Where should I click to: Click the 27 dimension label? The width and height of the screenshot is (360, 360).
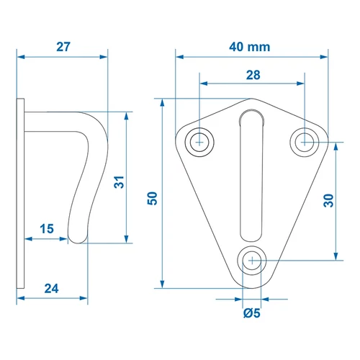point(63,47)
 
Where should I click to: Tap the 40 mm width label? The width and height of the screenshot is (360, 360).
point(250,47)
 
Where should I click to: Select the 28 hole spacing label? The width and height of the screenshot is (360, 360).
point(253,75)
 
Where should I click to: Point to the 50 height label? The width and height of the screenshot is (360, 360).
point(152,198)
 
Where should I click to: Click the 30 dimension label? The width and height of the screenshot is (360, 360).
point(328,200)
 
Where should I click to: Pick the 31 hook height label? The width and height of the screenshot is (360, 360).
point(119,182)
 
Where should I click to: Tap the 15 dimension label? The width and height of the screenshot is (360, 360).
point(47,229)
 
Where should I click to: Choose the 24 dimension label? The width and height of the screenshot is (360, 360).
point(51,289)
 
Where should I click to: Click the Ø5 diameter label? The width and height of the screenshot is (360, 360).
point(252,313)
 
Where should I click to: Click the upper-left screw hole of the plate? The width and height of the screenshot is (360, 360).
point(199,143)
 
